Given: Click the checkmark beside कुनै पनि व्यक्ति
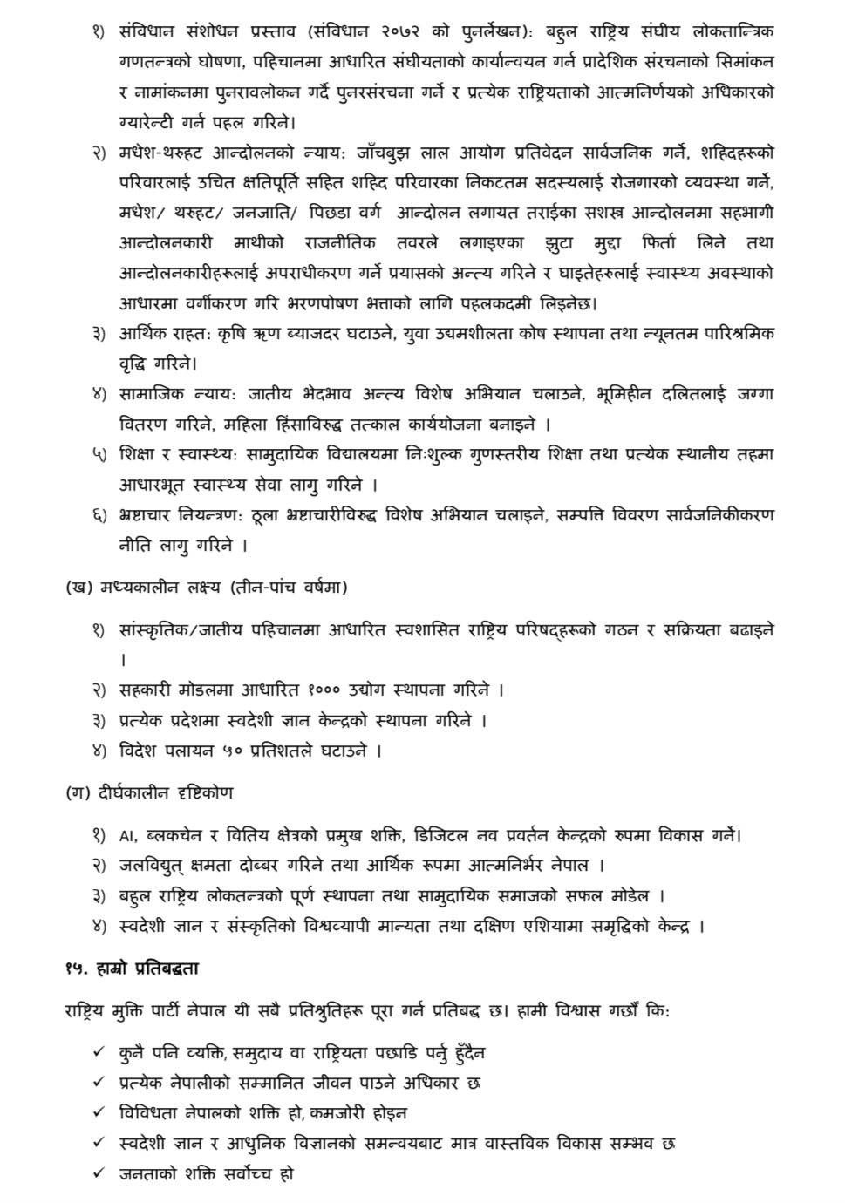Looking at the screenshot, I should pos(99,1053).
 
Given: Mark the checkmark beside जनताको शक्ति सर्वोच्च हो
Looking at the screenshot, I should pos(99,1173).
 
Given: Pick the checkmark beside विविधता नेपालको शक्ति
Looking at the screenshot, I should pos(99,1113).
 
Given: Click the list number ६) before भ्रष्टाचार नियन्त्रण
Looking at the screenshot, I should pos(99,515).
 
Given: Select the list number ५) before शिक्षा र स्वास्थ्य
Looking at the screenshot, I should pos(99,455).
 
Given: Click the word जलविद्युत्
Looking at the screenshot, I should pos(160,866).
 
